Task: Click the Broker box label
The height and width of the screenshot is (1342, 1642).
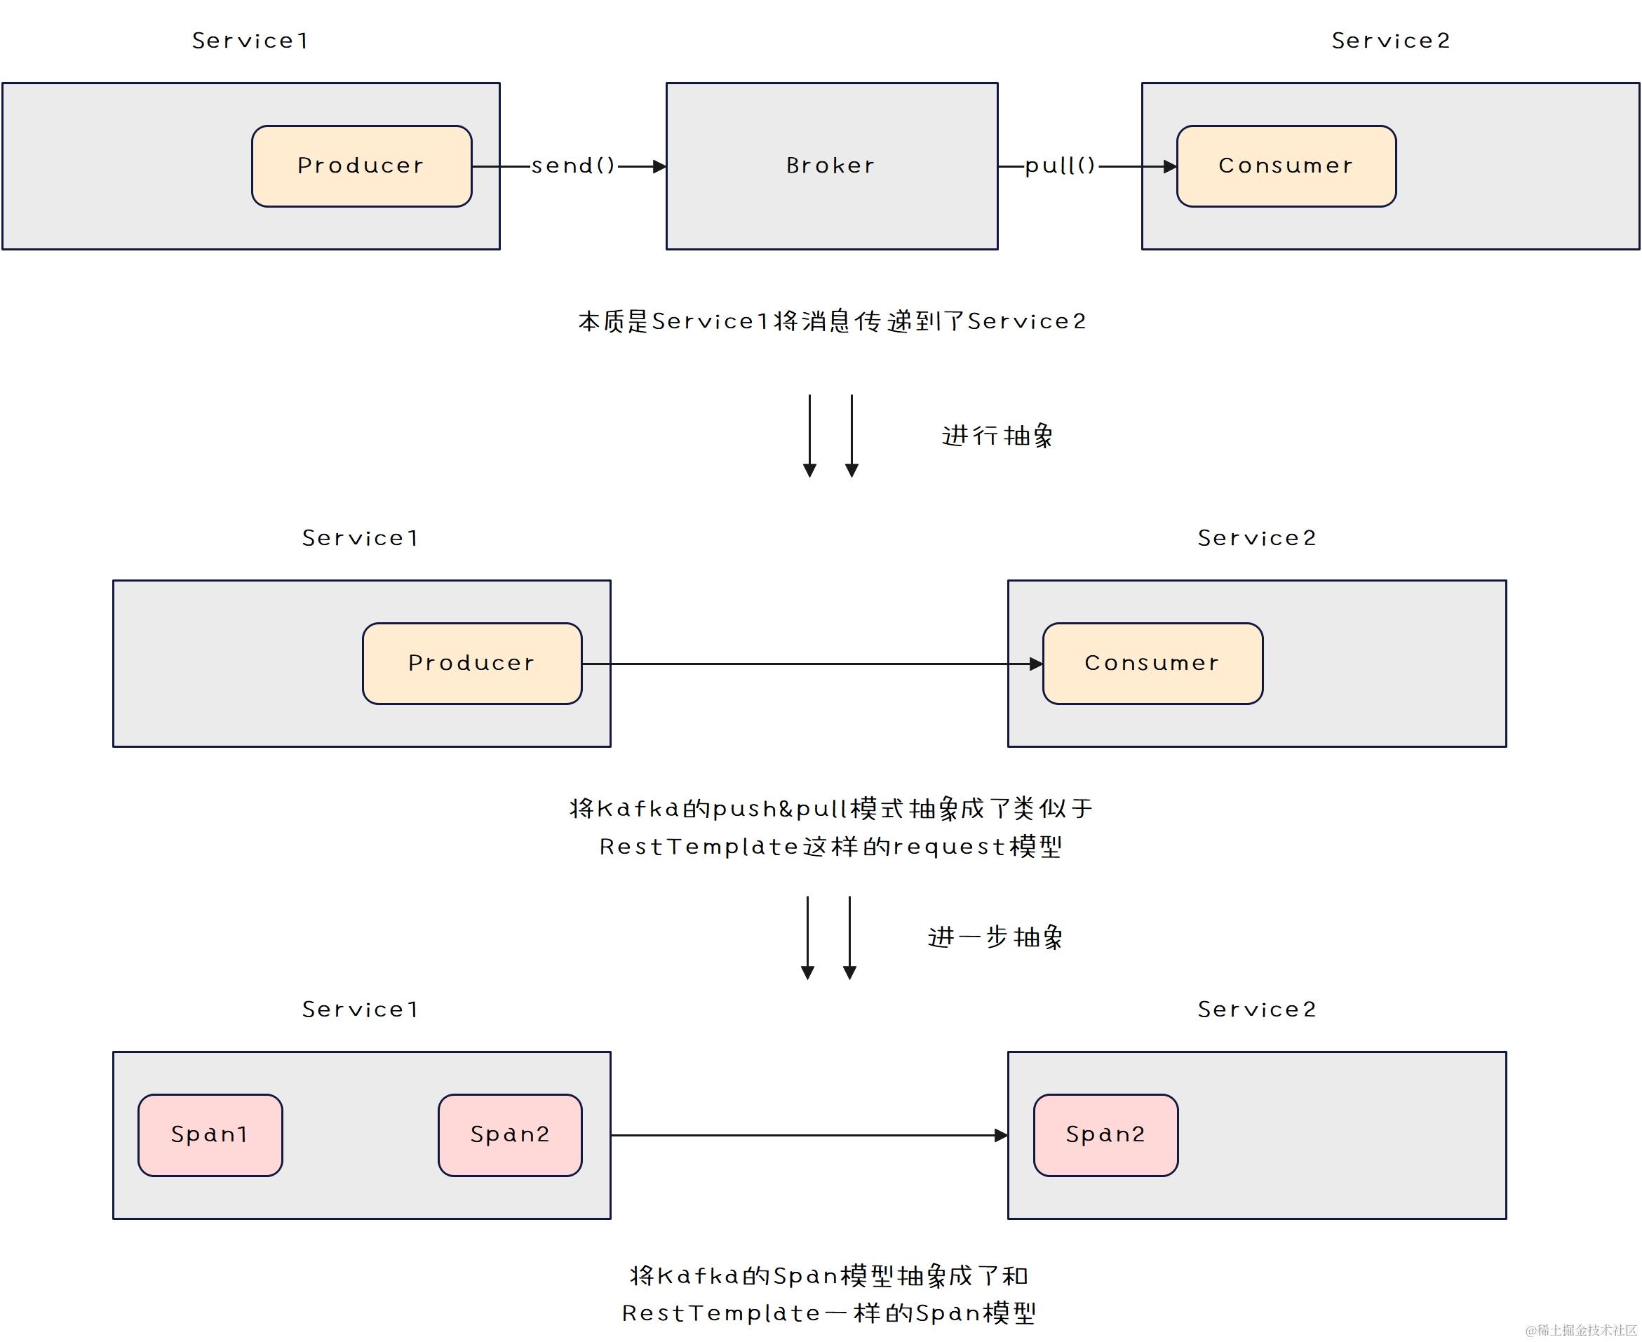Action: (830, 166)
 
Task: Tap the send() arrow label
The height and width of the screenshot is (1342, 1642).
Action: (572, 166)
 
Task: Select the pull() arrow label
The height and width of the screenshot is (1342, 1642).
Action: (1060, 166)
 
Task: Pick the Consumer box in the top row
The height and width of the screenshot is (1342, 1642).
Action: (1286, 166)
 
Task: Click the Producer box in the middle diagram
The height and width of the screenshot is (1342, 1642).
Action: (471, 662)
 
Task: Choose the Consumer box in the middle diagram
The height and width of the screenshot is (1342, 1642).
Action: (1152, 662)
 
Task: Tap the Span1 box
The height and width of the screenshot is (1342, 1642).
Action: (210, 1134)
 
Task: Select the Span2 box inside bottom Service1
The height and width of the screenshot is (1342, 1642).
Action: (510, 1134)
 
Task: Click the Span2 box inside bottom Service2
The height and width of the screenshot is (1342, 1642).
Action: (1105, 1134)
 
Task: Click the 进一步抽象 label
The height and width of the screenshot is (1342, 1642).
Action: (995, 937)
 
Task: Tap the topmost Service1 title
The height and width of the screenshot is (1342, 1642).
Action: (250, 40)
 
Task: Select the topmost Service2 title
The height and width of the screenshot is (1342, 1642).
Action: (1391, 40)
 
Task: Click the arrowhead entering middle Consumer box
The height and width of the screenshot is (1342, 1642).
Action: (1036, 663)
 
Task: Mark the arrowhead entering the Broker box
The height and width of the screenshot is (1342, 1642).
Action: (659, 166)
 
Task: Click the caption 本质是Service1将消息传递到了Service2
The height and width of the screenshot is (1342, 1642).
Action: (832, 321)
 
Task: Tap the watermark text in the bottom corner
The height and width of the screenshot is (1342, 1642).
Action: (1580, 1329)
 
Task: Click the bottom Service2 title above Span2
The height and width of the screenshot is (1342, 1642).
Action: (1257, 1009)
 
